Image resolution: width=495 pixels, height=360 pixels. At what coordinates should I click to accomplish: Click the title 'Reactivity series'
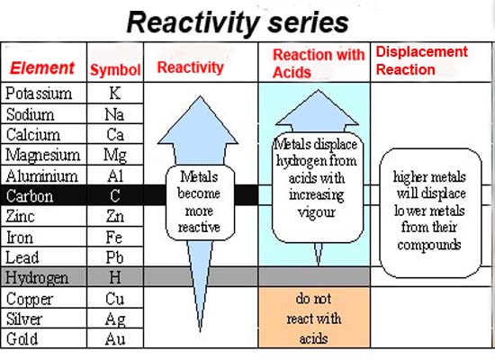click(238, 22)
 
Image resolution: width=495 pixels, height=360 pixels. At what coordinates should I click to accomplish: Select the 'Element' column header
click(42, 67)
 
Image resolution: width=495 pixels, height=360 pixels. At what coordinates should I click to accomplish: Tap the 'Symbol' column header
click(115, 70)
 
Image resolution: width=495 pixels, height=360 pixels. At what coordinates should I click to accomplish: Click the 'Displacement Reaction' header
click(422, 60)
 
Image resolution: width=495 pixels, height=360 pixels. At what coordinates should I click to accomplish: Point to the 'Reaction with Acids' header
click(319, 64)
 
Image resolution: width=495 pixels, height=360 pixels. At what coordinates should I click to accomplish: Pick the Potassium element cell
click(43, 93)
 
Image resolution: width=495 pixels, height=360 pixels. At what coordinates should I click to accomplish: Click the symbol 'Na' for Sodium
click(114, 114)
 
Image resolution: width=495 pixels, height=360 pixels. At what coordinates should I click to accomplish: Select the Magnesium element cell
click(43, 155)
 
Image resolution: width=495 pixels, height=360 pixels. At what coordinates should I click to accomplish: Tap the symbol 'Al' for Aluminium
click(115, 175)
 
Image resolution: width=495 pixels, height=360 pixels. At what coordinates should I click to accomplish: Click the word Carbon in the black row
click(30, 196)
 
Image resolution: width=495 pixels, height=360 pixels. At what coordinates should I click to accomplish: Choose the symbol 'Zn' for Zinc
click(115, 216)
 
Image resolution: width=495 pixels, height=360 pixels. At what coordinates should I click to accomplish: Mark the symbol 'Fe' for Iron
click(114, 238)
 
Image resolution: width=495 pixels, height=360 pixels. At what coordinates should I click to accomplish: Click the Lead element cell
click(43, 257)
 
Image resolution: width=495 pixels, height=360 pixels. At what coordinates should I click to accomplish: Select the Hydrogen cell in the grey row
click(43, 277)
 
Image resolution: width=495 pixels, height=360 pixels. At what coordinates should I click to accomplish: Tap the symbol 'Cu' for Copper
click(115, 299)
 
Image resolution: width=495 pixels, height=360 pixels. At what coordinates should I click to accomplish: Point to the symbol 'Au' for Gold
click(115, 339)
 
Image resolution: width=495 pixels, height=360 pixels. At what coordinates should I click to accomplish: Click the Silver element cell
click(43, 319)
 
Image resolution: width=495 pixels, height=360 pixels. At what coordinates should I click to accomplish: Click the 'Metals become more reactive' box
click(200, 202)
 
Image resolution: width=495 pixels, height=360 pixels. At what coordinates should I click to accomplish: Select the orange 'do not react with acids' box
click(314, 318)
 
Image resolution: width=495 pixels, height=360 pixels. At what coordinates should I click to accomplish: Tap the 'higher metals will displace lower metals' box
click(430, 213)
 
